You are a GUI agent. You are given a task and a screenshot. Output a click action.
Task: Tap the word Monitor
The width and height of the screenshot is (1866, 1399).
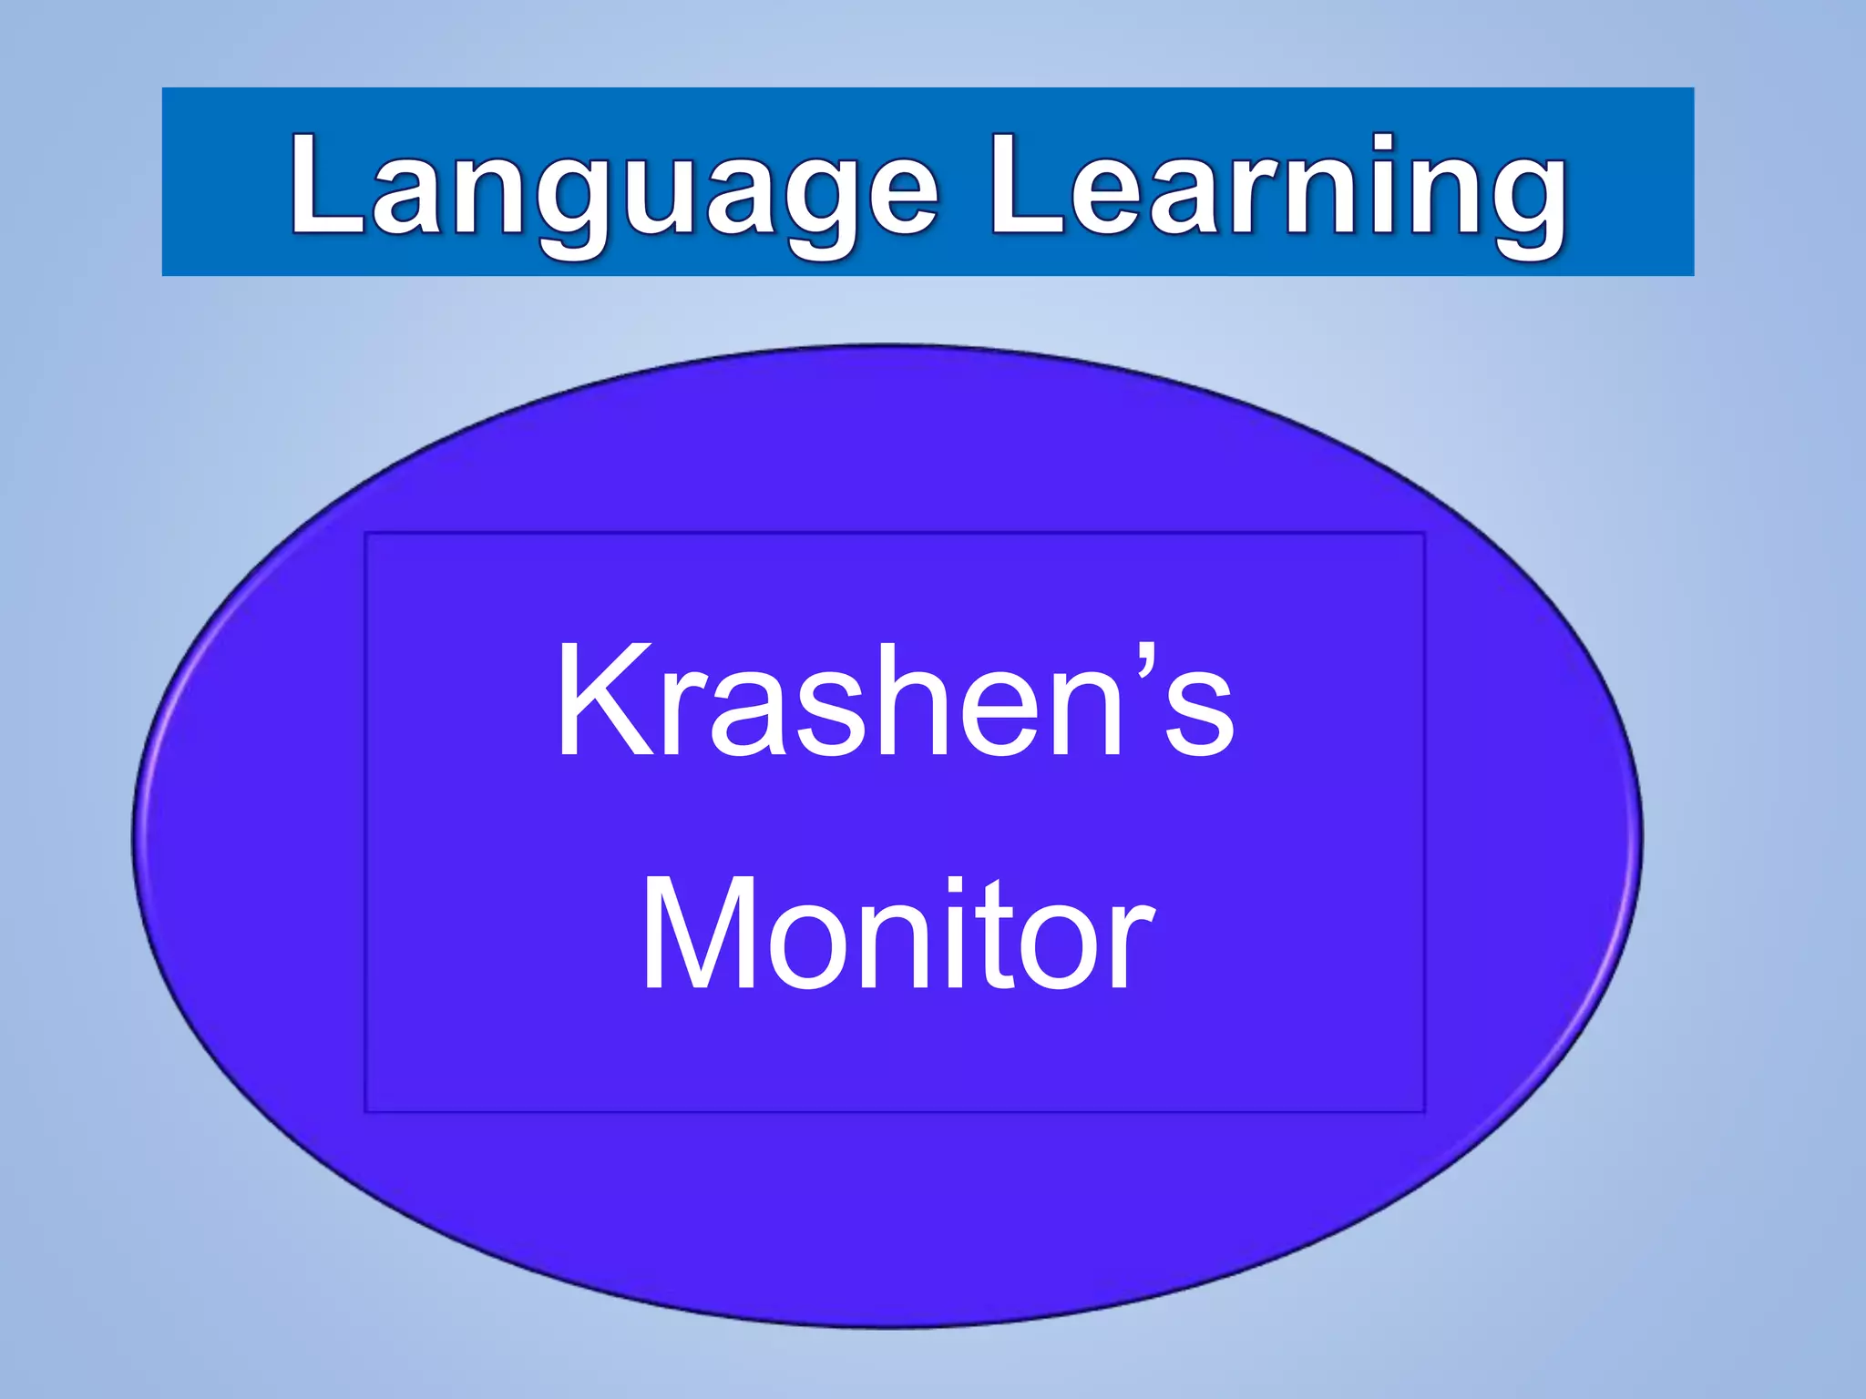coord(897,934)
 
